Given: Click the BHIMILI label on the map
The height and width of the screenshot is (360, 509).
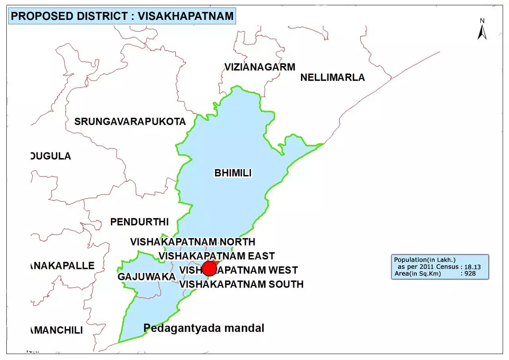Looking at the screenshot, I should (233, 173).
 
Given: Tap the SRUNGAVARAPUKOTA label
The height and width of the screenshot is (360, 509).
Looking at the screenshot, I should (130, 121).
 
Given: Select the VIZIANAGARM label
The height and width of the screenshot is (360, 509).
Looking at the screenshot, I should (260, 67).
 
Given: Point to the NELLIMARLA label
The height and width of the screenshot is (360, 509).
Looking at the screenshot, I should (332, 77).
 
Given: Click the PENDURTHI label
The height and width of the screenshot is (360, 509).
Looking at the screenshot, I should (140, 222).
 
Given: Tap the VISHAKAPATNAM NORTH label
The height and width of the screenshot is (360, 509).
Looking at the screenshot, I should (193, 241).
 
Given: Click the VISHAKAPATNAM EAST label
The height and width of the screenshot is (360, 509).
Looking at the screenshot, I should (217, 255).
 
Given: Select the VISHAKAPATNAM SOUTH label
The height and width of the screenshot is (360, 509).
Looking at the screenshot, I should (241, 284).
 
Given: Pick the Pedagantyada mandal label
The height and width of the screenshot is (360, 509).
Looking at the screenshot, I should (204, 328).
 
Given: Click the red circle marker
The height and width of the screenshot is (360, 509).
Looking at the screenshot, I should (209, 269).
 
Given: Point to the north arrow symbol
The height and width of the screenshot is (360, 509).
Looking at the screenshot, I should (482, 33).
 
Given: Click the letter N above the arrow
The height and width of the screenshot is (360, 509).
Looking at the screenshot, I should (482, 21).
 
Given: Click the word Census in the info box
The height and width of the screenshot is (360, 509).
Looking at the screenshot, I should (447, 267).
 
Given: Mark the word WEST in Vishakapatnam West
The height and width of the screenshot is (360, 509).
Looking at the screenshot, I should (283, 270).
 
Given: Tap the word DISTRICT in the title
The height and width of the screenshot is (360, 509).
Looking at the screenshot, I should (101, 17).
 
